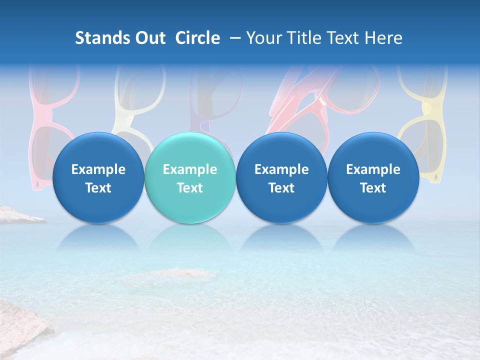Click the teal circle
click(190, 177)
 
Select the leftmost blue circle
click(98, 177)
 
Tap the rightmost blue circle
click(373, 177)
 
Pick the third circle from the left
click(281, 177)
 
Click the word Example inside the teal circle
click(190, 169)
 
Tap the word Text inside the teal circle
click(190, 188)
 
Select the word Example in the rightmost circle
click(373, 169)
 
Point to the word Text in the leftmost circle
click(98, 188)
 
